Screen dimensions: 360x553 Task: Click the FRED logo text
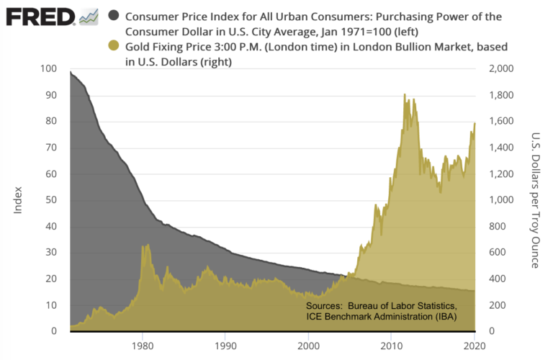[x=40, y=15]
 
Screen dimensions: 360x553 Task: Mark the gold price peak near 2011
[x=405, y=95]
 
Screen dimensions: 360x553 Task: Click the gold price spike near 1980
[x=146, y=246]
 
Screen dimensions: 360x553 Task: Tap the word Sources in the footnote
[x=323, y=306]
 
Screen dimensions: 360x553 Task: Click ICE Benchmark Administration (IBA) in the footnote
[x=380, y=316]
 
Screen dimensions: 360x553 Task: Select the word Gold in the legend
[x=138, y=47]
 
